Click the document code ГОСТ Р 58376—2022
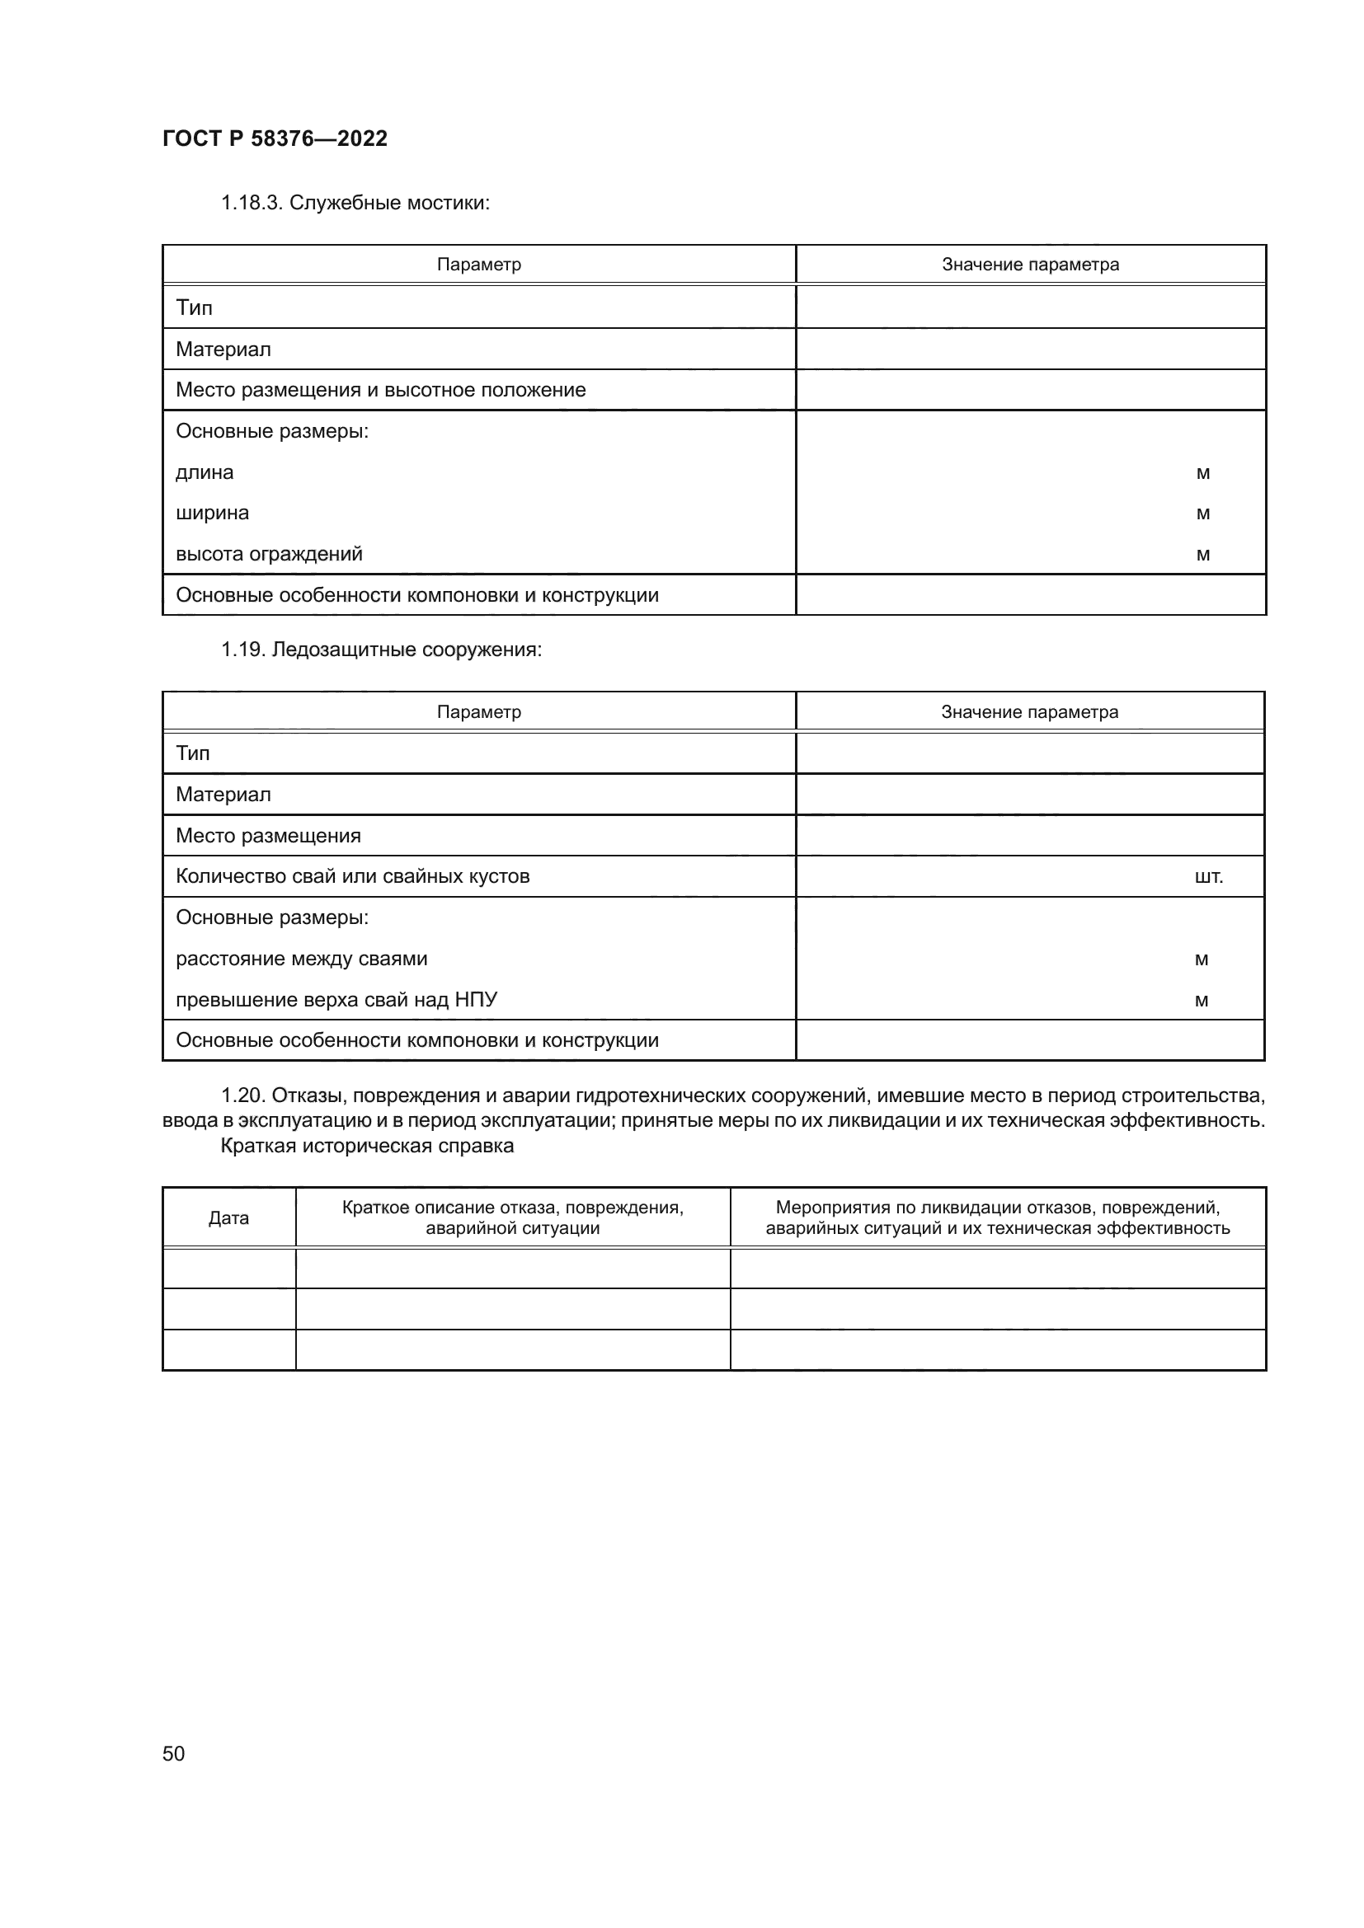[275, 138]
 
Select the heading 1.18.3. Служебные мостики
[355, 203]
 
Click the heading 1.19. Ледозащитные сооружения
[381, 650]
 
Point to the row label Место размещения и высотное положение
[380, 390]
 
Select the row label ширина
[212, 513]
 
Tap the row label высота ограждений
[269, 554]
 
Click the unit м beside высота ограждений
[1202, 554]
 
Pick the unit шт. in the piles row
[1208, 877]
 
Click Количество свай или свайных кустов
[352, 877]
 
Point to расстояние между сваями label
[301, 959]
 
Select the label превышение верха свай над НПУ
[336, 1000]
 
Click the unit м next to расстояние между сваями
[1201, 959]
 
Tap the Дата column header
[228, 1217]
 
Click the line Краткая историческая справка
[366, 1147]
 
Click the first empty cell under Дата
[228, 1268]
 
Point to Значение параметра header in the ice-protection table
[1029, 712]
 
